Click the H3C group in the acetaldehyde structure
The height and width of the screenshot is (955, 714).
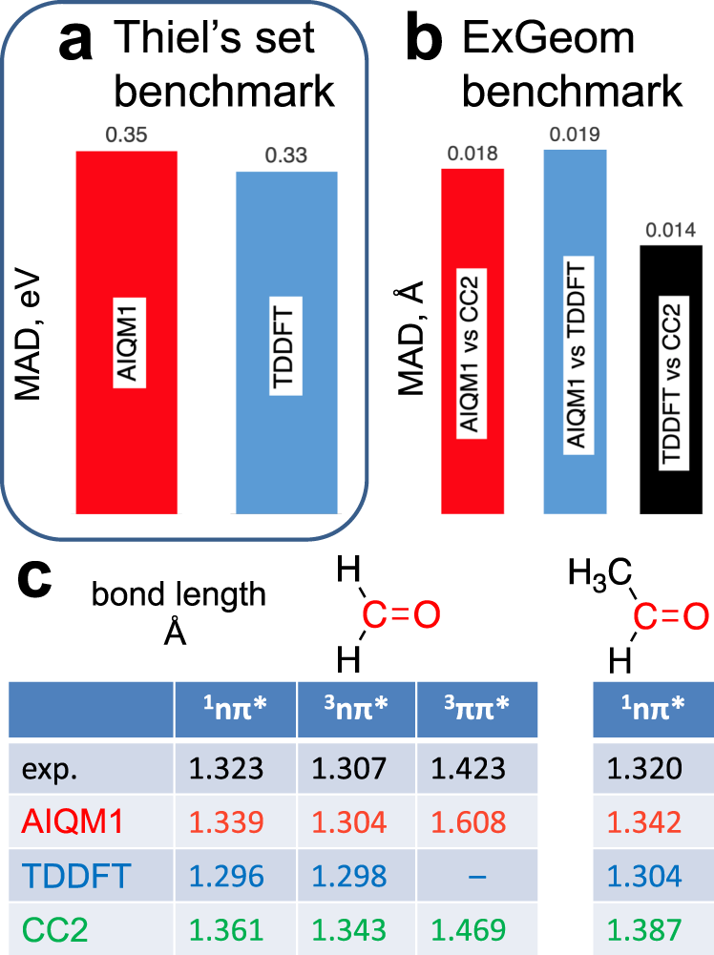(x=599, y=573)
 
